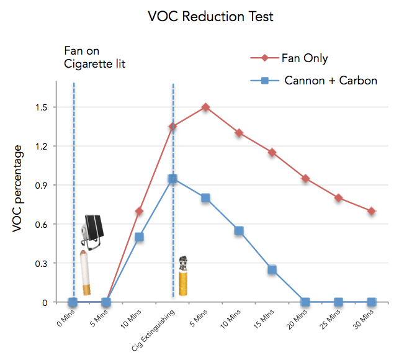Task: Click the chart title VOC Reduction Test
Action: pyautogui.click(x=210, y=17)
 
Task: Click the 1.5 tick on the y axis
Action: pyautogui.click(x=42, y=107)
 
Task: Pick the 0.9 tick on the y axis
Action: pyautogui.click(x=42, y=186)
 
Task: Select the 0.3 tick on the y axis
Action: pyautogui.click(x=42, y=263)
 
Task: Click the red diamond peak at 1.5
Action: pyautogui.click(x=205, y=107)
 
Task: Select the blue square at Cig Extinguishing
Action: pyautogui.click(x=173, y=179)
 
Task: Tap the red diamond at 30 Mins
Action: pyautogui.click(x=371, y=211)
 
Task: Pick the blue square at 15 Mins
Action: pyautogui.click(x=272, y=269)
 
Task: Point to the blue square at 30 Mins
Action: pyautogui.click(x=371, y=302)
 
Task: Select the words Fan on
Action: pyautogui.click(x=81, y=50)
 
